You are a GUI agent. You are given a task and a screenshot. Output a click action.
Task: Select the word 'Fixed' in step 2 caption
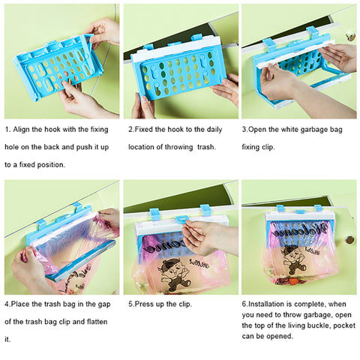point(144,130)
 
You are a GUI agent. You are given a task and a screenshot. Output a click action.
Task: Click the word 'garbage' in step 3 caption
point(313,130)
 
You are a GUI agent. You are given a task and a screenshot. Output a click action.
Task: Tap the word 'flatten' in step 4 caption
point(97,322)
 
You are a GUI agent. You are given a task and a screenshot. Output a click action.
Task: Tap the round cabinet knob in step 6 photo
point(349,240)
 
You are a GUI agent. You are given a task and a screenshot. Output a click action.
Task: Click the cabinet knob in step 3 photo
point(352,37)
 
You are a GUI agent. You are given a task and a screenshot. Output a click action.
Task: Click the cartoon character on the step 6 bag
point(293,259)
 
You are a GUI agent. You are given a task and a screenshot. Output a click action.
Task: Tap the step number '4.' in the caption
point(7,304)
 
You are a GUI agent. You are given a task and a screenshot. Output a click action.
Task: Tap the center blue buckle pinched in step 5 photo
point(181,219)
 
